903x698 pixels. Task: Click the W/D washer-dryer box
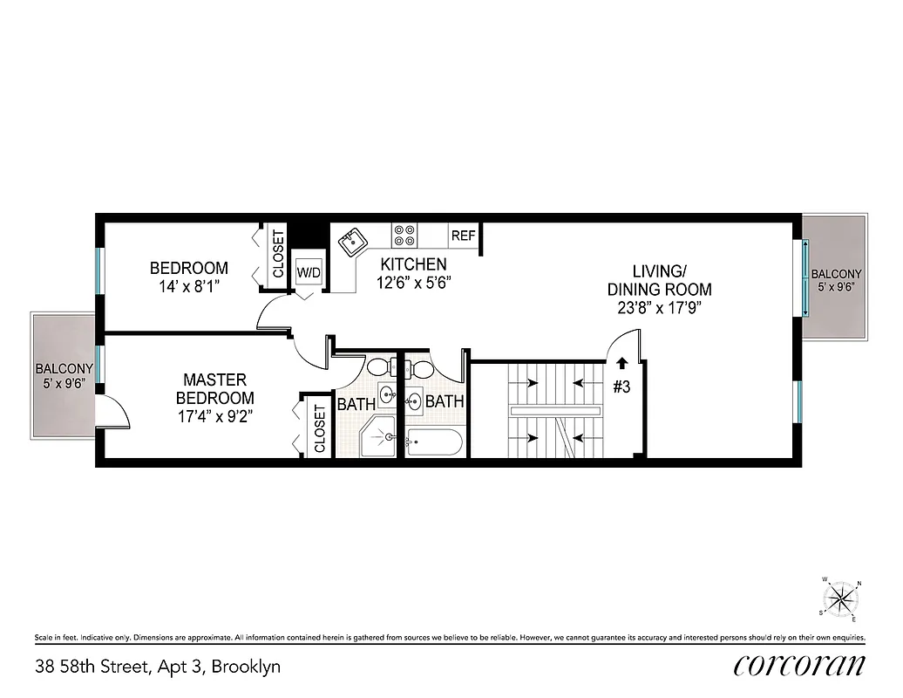pos(309,272)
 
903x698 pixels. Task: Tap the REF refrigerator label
pos(463,236)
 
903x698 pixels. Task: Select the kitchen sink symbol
pos(354,240)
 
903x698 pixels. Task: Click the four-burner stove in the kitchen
pos(404,235)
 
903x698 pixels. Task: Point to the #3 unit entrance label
pos(621,387)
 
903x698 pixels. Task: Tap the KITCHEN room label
pos(412,264)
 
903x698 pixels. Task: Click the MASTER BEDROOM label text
pos(214,388)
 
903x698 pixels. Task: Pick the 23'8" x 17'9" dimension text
pos(660,307)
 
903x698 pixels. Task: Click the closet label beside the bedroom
pos(278,254)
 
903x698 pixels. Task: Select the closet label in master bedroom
pos(319,428)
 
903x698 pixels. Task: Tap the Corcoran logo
pos(798,665)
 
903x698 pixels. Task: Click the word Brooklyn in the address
pos(249,667)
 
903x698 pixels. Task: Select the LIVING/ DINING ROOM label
pos(659,280)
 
